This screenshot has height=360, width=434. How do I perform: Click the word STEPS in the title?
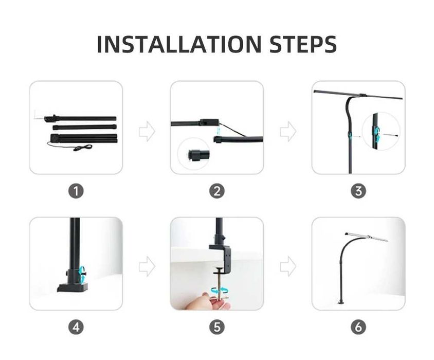pos(303,44)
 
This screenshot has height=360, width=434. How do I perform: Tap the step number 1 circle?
pos(76,191)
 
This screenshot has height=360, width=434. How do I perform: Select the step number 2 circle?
pos(217,191)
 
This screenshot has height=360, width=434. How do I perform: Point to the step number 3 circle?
pos(358,191)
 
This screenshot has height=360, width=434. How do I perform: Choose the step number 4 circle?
pos(76,327)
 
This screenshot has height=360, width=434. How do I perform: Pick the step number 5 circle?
pos(217,327)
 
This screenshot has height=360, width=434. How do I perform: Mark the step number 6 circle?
pos(358,327)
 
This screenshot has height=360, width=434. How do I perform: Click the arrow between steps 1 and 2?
pos(147,131)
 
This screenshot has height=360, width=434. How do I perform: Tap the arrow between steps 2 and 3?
pos(288,131)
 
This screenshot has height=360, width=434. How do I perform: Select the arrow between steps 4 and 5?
pos(147,266)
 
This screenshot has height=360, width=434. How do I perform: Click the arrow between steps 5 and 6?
pos(288,266)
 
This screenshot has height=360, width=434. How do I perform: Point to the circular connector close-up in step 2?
pos(194,154)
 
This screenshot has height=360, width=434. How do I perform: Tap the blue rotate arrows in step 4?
pos(82,275)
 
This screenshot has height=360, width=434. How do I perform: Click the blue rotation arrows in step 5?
pos(220,291)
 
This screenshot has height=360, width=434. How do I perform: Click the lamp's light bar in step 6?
pos(366,237)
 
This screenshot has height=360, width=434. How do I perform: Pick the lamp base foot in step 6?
pos(341,302)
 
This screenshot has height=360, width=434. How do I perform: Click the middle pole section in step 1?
pos(84,127)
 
